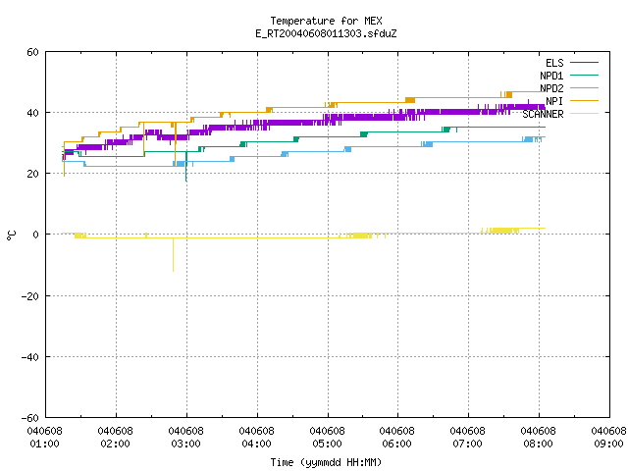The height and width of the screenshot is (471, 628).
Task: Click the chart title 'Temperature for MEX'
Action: pos(326,21)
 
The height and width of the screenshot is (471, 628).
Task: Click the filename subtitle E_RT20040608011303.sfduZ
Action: pos(326,33)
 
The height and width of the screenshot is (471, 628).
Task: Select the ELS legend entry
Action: pos(571,63)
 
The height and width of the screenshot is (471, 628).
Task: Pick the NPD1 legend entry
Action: pos(569,76)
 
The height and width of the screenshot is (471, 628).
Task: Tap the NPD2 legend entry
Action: pos(569,88)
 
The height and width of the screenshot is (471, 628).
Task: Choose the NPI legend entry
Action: pos(571,101)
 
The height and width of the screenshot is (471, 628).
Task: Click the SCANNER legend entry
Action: pos(560,114)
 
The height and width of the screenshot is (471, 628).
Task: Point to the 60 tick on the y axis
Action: pos(32,52)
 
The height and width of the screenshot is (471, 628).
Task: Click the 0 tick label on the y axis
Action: pos(36,235)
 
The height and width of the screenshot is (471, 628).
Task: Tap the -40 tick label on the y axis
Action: pos(30,357)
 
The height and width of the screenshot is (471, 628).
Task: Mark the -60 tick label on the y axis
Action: pos(30,418)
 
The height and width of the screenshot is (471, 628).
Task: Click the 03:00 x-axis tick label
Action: pos(186,438)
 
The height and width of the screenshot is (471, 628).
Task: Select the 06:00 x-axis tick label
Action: pos(397,438)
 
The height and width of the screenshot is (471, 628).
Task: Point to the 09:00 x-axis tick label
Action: pos(608,438)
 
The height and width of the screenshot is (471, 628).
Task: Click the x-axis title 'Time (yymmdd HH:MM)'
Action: pos(326,462)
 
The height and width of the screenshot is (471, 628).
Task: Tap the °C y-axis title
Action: pos(11,235)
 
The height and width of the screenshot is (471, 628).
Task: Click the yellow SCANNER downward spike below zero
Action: pos(173,255)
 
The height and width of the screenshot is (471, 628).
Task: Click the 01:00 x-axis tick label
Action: pos(45,438)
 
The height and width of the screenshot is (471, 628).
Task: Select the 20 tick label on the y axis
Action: pos(32,174)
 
